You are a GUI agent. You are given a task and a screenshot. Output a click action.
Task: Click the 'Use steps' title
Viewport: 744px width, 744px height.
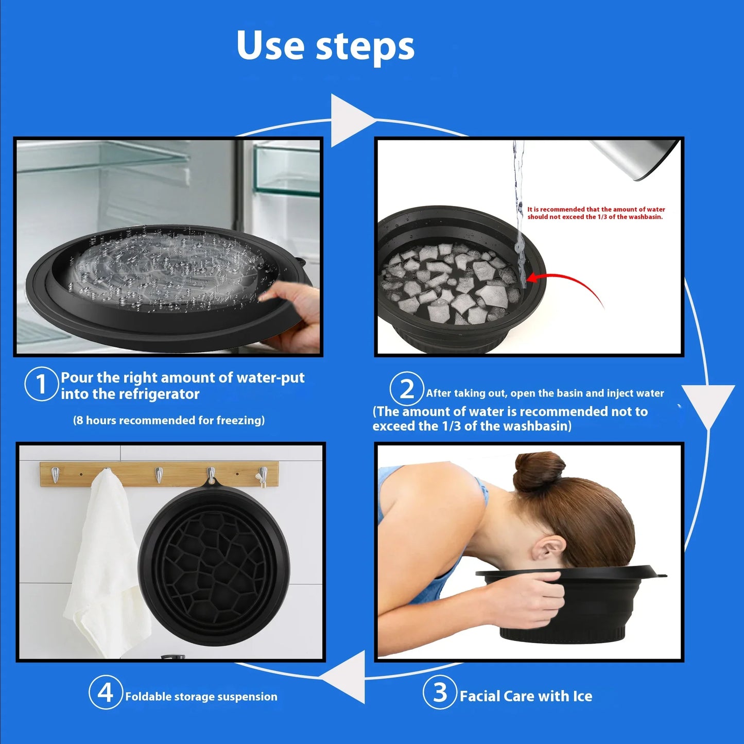[325, 46]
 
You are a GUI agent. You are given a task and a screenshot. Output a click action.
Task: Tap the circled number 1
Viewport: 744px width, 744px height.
[41, 384]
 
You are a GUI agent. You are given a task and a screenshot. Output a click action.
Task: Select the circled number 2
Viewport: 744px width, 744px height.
[406, 389]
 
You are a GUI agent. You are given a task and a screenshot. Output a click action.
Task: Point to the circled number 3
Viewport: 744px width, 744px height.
[440, 693]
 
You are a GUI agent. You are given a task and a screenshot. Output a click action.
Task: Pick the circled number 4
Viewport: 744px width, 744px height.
[105, 693]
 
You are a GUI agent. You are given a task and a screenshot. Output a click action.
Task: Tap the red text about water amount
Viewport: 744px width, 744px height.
[596, 213]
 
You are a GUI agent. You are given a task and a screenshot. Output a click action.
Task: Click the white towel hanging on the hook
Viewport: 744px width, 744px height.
[103, 556]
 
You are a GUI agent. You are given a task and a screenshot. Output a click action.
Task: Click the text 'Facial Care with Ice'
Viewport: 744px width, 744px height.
[526, 696]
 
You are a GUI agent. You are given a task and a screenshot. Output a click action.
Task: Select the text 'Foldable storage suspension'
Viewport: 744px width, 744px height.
[201, 697]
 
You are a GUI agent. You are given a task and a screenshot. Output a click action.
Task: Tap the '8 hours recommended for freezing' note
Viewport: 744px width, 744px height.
[169, 420]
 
